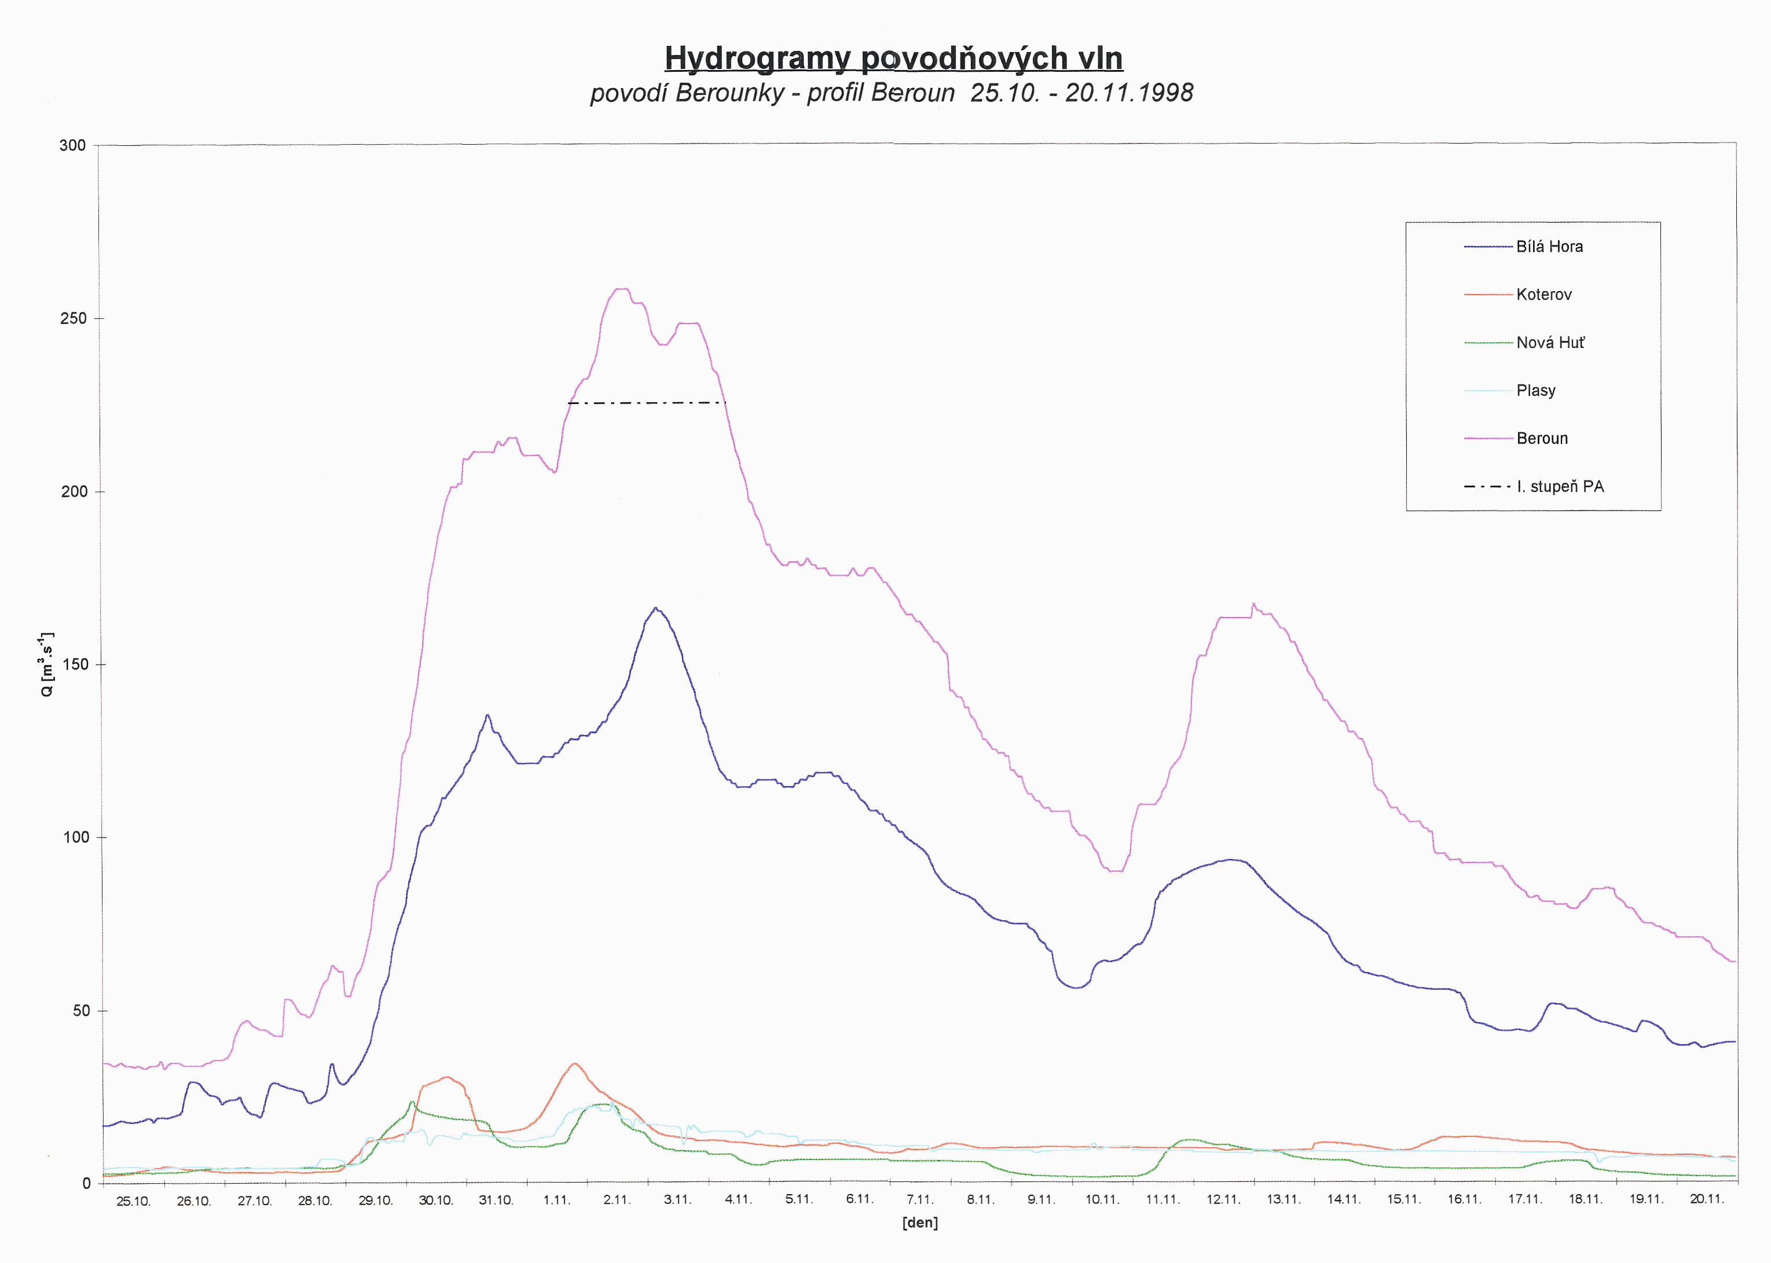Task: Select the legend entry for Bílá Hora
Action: point(1549,247)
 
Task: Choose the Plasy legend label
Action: point(1535,390)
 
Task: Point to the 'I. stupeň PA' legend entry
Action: point(1560,487)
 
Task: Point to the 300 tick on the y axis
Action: point(72,145)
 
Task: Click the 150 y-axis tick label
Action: point(74,665)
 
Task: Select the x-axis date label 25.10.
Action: point(133,1202)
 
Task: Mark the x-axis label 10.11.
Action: point(1102,1200)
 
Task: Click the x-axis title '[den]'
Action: point(920,1223)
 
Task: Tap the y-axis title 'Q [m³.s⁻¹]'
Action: point(47,665)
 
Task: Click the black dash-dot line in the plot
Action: point(646,403)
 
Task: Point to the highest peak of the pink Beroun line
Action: point(621,289)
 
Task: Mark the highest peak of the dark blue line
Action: point(656,608)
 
